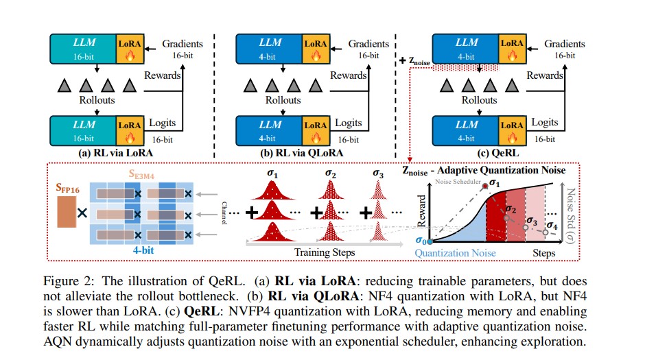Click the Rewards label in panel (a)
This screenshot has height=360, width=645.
coord(162,75)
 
